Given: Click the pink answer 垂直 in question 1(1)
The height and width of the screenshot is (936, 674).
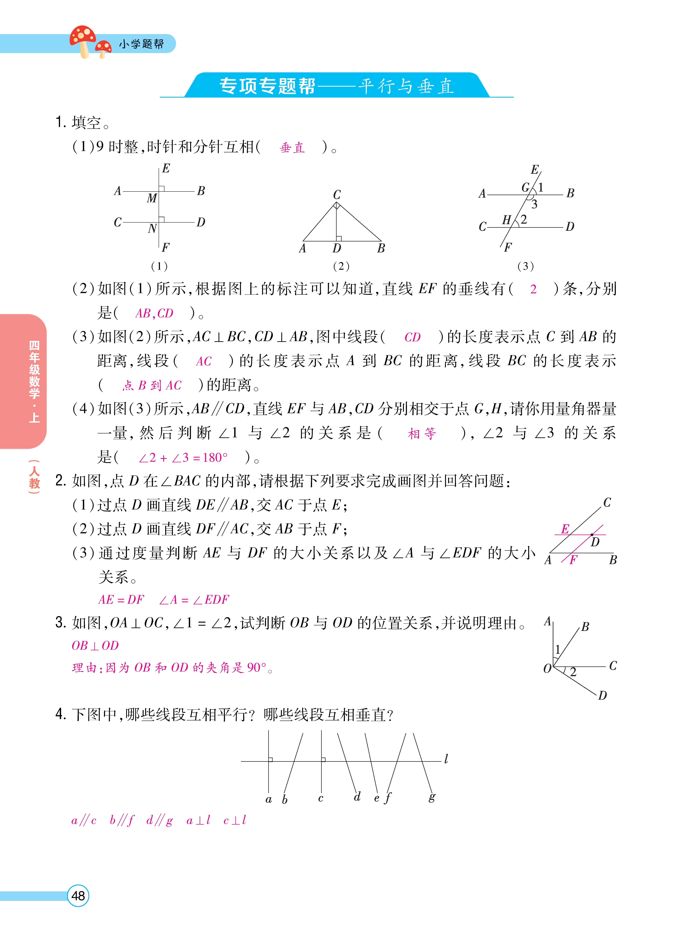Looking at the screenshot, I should [292, 147].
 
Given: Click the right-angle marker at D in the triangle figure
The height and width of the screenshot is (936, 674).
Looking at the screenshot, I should [339, 239].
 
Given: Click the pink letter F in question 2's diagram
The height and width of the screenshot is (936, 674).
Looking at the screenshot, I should [573, 560].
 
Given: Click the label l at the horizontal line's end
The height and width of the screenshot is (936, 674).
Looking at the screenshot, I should [446, 759].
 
